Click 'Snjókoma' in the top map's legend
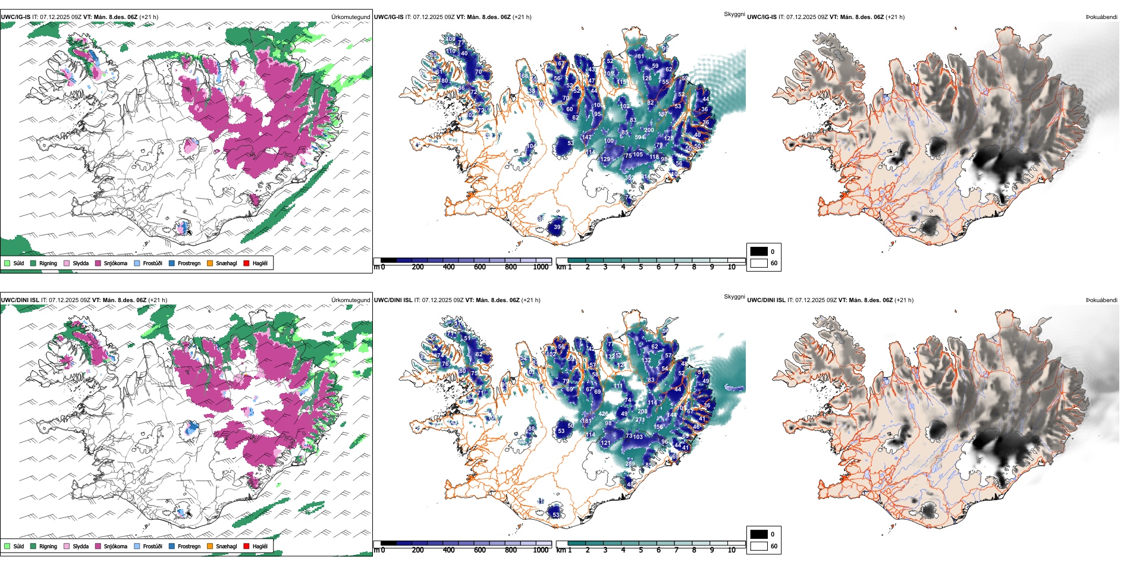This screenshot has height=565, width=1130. pyautogui.click(x=115, y=263)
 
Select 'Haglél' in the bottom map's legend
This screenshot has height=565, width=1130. pyautogui.click(x=260, y=546)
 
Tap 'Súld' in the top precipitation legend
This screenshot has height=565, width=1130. pyautogui.click(x=18, y=263)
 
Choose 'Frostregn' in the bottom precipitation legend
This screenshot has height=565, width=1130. pyautogui.click(x=189, y=546)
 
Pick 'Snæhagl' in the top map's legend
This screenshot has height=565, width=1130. pyautogui.click(x=226, y=263)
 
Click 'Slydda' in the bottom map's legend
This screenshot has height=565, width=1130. pyautogui.click(x=80, y=546)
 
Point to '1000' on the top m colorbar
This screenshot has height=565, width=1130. pyautogui.click(x=541, y=267)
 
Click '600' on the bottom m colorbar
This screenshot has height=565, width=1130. pyautogui.click(x=479, y=550)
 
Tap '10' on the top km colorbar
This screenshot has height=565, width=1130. pyautogui.click(x=732, y=267)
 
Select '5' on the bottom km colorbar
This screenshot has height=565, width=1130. pyautogui.click(x=641, y=550)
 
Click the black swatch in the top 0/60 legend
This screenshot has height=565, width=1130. pyautogui.click(x=759, y=252)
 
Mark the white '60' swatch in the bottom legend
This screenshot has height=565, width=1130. pyautogui.click(x=759, y=546)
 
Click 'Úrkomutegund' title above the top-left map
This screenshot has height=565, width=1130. pyautogui.click(x=350, y=17)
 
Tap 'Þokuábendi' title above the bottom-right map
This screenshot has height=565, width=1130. pyautogui.click(x=1101, y=300)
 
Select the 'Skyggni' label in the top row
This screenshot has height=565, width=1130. pyautogui.click(x=734, y=14)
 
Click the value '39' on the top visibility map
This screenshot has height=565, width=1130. pyautogui.click(x=557, y=227)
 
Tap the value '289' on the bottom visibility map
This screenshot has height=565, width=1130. pyautogui.click(x=630, y=463)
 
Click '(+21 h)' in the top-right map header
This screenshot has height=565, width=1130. pyautogui.click(x=894, y=17)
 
